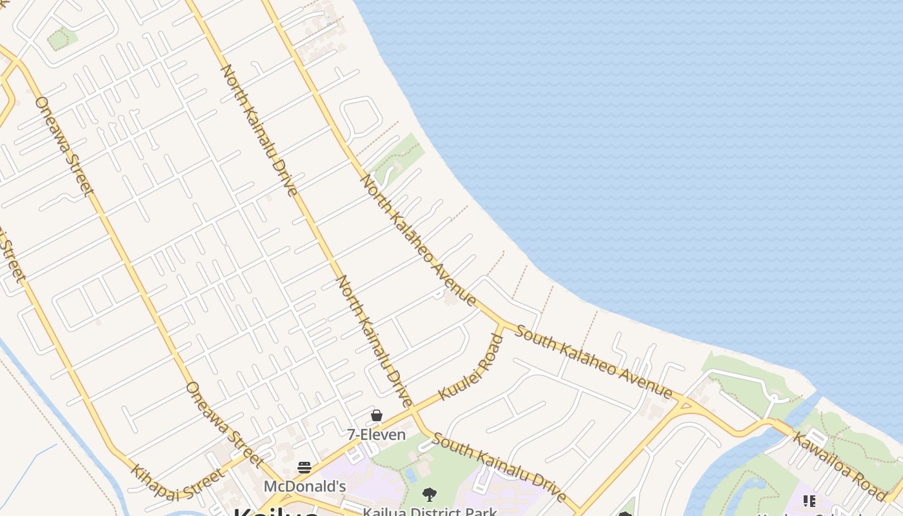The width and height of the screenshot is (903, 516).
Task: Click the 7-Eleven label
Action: (377, 435)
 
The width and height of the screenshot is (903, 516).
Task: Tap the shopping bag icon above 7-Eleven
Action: (377, 416)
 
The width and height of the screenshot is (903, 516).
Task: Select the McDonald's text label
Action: (304, 486)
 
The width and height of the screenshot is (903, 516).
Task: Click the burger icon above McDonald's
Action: (304, 468)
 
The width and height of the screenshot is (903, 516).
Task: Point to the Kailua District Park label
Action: (430, 511)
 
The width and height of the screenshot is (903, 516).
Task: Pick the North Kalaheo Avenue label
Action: (418, 240)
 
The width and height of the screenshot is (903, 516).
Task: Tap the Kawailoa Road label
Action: (838, 466)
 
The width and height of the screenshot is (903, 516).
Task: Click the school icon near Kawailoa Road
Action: (809, 501)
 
